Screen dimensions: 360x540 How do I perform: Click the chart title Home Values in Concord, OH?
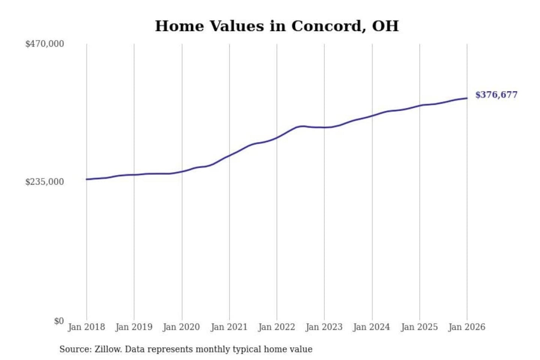(277, 26)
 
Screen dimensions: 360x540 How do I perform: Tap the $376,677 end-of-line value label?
(496, 95)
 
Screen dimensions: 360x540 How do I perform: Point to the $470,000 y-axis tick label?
(45, 44)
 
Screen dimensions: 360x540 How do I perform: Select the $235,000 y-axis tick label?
(45, 182)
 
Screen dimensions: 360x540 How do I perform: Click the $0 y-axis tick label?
(59, 321)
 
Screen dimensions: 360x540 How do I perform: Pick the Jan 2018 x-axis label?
(86, 327)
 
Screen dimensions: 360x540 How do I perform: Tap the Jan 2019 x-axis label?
(134, 327)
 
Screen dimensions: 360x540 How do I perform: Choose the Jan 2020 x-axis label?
(181, 327)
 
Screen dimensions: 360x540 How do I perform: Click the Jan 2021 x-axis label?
(229, 327)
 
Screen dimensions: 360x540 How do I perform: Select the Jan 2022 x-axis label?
(277, 327)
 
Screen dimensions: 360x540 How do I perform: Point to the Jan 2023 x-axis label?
(324, 327)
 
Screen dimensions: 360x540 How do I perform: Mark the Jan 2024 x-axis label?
(372, 327)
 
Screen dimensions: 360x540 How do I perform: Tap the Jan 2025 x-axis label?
(419, 327)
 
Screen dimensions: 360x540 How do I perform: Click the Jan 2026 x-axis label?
(467, 327)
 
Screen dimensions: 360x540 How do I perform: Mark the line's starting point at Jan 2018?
(87, 179)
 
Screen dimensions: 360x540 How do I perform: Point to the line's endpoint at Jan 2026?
(467, 98)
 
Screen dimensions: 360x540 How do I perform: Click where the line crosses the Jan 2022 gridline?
(277, 138)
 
